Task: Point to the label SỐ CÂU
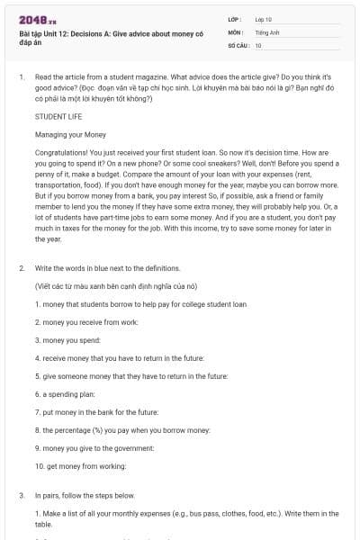(237, 44)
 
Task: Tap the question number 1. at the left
(21, 77)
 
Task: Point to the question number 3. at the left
(21, 495)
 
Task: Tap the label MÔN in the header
(236, 31)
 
